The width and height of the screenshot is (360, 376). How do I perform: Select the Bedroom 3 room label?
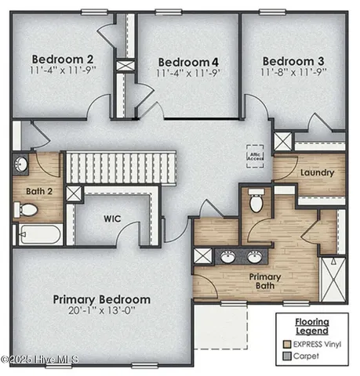tap(293, 61)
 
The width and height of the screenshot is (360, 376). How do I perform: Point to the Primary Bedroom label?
tap(101, 299)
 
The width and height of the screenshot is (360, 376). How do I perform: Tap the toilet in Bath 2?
tap(27, 209)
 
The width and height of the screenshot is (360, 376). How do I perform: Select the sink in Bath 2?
tap(21, 164)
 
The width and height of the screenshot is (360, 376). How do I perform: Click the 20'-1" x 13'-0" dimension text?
tap(102, 312)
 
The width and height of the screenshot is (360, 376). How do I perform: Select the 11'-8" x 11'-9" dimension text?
tap(293, 72)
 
